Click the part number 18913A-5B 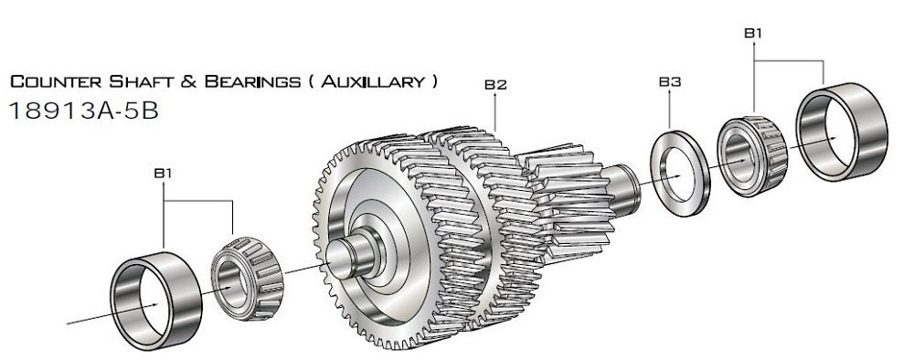click(x=84, y=111)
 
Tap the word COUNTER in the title click(x=57, y=81)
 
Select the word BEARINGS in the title click(x=252, y=81)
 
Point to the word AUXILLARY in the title click(x=374, y=81)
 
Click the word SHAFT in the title click(x=143, y=81)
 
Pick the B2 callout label click(x=495, y=85)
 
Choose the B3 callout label click(x=670, y=82)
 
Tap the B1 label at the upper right click(x=753, y=33)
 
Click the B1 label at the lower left click(x=163, y=173)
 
